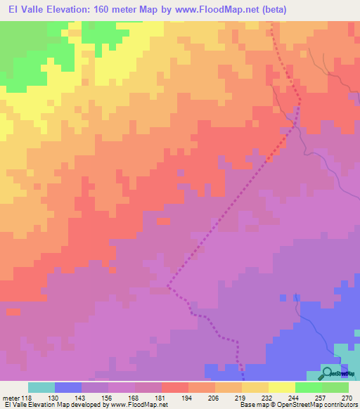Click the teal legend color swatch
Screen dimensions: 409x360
click(x=41, y=387)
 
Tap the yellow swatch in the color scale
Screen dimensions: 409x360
click(x=281, y=387)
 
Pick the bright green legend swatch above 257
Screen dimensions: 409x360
click(x=308, y=387)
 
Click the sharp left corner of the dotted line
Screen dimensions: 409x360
click(x=168, y=286)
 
